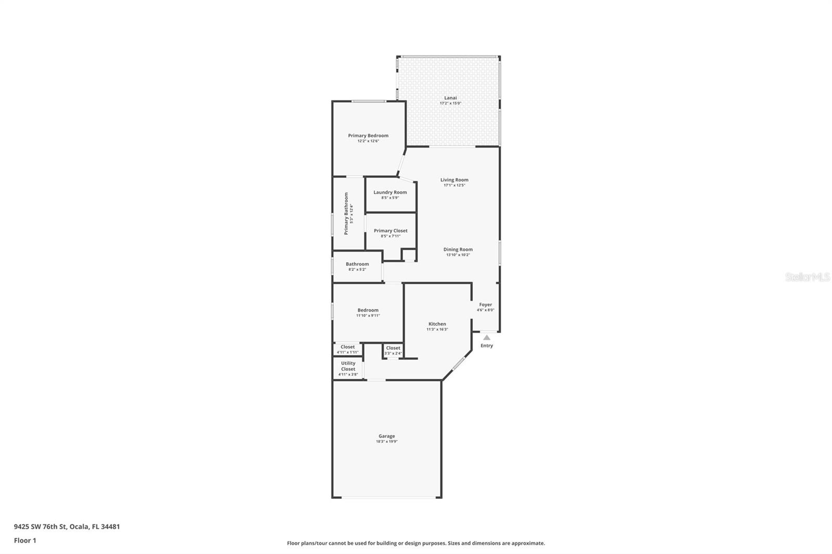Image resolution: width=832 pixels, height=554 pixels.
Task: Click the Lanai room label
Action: tap(450, 98)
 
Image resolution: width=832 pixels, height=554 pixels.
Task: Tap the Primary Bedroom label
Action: tap(368, 136)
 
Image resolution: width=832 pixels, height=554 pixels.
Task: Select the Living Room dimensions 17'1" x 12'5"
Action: tap(454, 186)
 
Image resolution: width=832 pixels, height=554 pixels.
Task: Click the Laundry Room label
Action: tap(390, 192)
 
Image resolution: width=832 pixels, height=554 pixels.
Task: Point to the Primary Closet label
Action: tap(391, 231)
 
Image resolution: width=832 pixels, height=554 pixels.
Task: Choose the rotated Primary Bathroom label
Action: tap(346, 214)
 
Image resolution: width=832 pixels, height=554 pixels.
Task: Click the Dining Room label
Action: tap(458, 249)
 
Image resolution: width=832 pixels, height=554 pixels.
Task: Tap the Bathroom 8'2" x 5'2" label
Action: tap(357, 266)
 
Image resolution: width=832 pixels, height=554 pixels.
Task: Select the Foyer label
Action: tap(485, 305)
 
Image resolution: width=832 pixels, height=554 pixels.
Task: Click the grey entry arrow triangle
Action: tap(487, 337)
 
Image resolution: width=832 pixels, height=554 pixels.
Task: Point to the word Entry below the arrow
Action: tap(487, 346)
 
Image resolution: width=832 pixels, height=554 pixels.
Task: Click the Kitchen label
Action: tap(437, 324)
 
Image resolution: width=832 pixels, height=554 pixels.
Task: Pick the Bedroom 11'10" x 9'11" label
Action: tap(368, 312)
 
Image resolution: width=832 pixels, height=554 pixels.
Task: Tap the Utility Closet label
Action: tap(348, 366)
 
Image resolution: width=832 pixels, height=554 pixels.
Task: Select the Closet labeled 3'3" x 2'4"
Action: tap(393, 350)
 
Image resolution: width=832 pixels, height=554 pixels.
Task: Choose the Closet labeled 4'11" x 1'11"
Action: tap(347, 349)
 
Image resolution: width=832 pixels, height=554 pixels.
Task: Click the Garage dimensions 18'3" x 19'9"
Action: tap(386, 442)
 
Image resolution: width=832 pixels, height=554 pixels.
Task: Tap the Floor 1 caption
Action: tap(25, 540)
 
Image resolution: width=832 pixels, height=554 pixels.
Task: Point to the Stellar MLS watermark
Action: tap(807, 278)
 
